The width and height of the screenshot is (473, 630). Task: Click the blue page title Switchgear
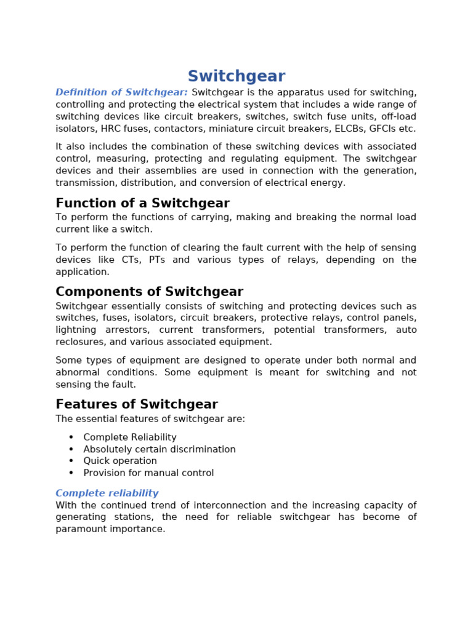236,77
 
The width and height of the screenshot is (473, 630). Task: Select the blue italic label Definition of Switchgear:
121,93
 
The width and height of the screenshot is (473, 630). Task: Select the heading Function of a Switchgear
142,204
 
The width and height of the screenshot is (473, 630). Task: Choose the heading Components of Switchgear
149,292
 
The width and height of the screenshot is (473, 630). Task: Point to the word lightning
76,330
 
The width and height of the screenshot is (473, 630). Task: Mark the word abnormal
76,372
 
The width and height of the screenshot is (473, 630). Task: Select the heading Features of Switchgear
136,405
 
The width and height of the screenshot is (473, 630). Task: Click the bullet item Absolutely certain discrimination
160,450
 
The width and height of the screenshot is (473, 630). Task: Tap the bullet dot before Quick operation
71,461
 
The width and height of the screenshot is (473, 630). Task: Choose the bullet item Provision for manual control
148,473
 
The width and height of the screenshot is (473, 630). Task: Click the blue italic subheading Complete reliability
107,493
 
